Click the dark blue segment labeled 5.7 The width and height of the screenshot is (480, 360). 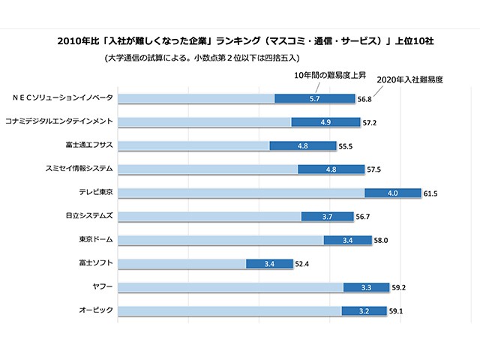point(315,98)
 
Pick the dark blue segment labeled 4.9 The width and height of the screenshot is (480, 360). point(325,121)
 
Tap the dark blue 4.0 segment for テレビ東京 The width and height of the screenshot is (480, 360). point(392,193)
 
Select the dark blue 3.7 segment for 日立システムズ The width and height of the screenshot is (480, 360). point(327,216)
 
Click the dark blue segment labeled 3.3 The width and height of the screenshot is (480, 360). point(366,286)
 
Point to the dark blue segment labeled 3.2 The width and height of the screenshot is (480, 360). point(364,310)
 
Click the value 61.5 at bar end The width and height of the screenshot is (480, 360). point(430,193)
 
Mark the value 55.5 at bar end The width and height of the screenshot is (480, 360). point(346,145)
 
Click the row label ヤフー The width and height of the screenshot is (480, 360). point(102,286)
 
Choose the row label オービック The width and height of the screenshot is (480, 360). point(96,310)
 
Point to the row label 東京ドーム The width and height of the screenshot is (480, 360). point(96,240)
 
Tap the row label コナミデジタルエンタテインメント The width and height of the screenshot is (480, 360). point(59,121)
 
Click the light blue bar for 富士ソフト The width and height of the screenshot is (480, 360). point(182,263)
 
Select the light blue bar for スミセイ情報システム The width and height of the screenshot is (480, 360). point(208,169)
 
